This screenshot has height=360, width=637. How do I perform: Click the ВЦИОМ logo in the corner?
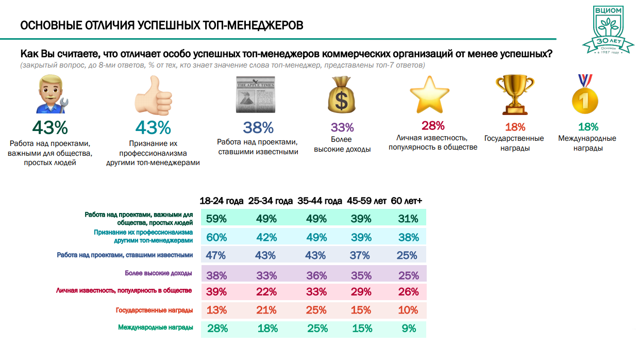(x=608, y=29)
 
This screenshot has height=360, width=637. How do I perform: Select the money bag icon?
(x=341, y=95)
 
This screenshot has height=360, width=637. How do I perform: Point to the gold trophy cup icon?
(x=514, y=95)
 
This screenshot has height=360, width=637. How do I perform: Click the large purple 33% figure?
(x=342, y=127)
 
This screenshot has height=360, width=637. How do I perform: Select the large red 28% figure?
(x=433, y=126)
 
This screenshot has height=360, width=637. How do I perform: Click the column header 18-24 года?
(x=222, y=201)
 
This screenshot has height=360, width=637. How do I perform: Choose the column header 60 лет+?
(x=407, y=201)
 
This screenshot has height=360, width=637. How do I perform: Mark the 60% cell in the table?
(x=216, y=237)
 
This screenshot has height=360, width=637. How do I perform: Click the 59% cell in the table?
(x=216, y=219)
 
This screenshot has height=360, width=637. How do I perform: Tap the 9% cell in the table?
(x=409, y=328)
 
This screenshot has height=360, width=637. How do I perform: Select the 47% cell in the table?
(x=216, y=255)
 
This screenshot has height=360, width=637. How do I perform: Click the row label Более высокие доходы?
(x=159, y=273)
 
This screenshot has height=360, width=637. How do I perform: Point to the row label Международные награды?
(x=156, y=328)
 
